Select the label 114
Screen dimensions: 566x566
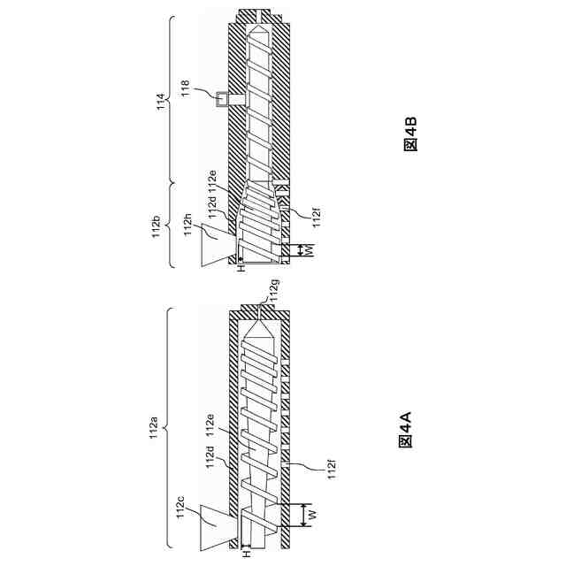pyautogui.click(x=160, y=103)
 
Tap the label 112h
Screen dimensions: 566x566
pyautogui.click(x=187, y=225)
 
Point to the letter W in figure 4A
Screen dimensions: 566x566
pyautogui.click(x=311, y=514)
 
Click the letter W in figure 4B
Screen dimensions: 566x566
pyautogui.click(x=310, y=250)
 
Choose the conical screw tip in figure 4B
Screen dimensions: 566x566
pyautogui.click(x=259, y=31)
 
